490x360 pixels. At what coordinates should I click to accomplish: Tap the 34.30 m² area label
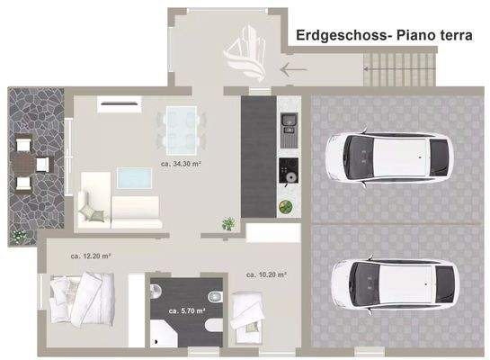tap(180, 165)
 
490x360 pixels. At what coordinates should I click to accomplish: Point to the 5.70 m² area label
tap(188, 310)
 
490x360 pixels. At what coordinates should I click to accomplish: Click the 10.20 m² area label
tap(266, 274)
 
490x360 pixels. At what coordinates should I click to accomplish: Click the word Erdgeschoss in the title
tap(334, 34)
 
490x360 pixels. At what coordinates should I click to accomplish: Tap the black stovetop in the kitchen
tap(289, 166)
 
